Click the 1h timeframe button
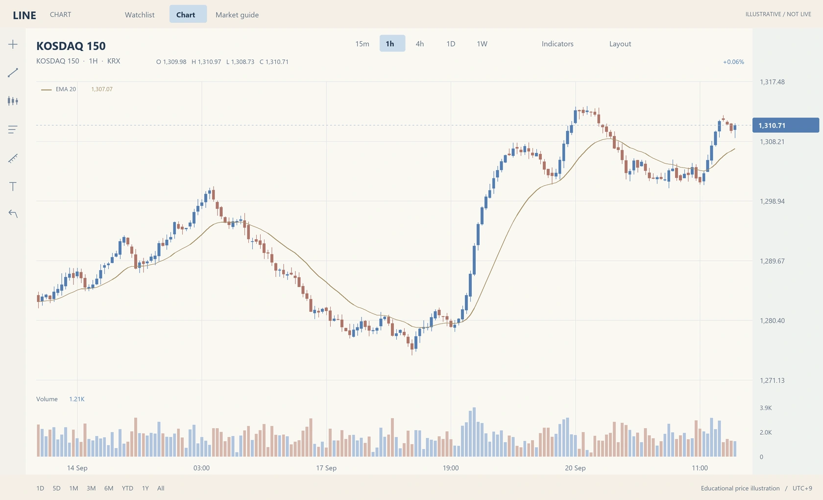[x=392, y=43]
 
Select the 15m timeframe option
[x=362, y=44]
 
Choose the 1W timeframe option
[x=482, y=44]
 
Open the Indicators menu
[x=557, y=44]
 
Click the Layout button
[x=620, y=44]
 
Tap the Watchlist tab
[x=140, y=15]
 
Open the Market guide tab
[x=237, y=15]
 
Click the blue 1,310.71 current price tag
[x=786, y=125]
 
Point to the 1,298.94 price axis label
[x=772, y=201]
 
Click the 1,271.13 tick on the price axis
[x=772, y=380]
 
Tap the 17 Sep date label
[x=326, y=468]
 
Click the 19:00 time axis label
[x=451, y=468]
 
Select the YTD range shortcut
[x=127, y=488]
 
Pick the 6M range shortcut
[x=109, y=488]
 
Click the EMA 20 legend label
[x=66, y=89]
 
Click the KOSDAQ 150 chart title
[x=71, y=46]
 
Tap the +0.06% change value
[x=733, y=62]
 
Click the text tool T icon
[x=13, y=186]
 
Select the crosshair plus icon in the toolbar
[x=13, y=45]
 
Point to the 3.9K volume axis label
[x=766, y=408]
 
